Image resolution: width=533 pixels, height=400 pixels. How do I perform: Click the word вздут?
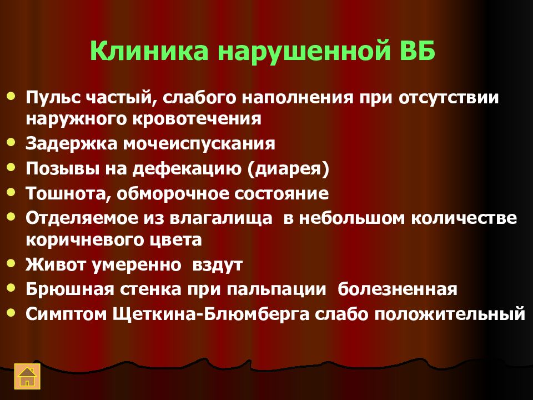tap(218, 264)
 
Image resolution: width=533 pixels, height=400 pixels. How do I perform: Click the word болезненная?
tap(398, 289)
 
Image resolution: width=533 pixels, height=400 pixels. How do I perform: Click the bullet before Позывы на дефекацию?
tap(12, 167)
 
